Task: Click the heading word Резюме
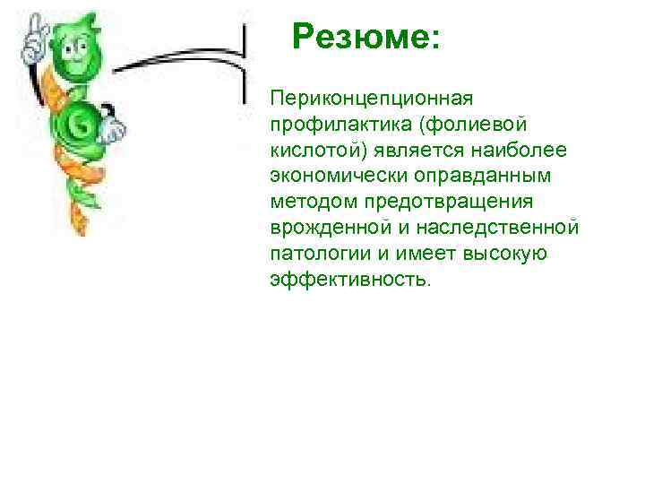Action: (x=360, y=38)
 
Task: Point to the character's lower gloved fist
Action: (x=111, y=129)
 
